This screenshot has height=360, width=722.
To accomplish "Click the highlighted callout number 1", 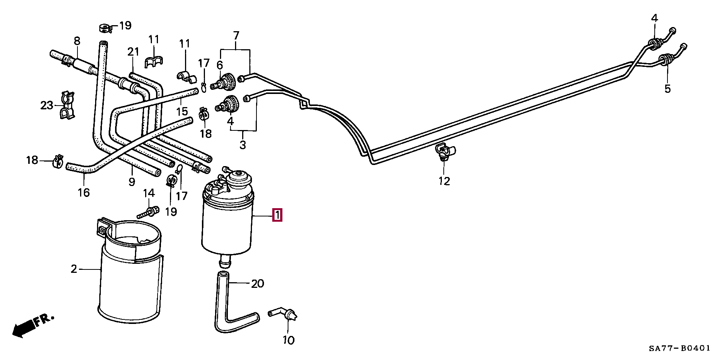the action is [x=277, y=216].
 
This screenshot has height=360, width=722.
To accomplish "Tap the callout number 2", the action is [x=74, y=269].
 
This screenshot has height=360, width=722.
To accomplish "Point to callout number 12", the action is [x=444, y=182].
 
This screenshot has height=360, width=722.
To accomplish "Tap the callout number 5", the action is [x=667, y=89].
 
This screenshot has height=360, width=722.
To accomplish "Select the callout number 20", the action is [x=258, y=283].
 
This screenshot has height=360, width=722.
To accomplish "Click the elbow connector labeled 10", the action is [x=284, y=314].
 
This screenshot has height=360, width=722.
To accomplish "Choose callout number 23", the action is [x=47, y=106].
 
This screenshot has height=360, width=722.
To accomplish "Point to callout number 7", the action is [x=236, y=36].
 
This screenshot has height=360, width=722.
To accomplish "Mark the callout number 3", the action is [x=243, y=145].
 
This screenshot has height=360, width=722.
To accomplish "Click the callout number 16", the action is [x=84, y=192].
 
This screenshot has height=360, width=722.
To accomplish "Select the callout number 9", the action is [x=132, y=182].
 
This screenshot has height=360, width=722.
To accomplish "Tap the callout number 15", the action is [x=182, y=112].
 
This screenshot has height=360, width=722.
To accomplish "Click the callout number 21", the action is [x=133, y=52].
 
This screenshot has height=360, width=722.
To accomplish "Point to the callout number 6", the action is [x=220, y=65].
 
